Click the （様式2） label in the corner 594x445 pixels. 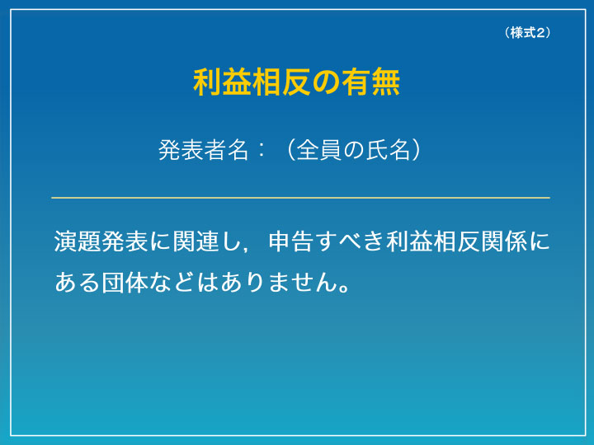click(527, 33)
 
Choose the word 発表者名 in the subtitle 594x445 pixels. click(204, 150)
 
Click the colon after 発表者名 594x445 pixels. click(261, 151)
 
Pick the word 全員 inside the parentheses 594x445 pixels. click(318, 150)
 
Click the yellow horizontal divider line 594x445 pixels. click(300, 198)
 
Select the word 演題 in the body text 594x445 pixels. click(78, 241)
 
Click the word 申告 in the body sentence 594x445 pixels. click(291, 241)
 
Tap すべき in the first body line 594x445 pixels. click(351, 241)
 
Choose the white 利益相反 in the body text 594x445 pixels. click(433, 241)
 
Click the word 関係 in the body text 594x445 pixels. click(503, 241)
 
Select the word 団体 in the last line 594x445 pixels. click(125, 282)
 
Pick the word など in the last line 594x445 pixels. click(172, 282)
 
